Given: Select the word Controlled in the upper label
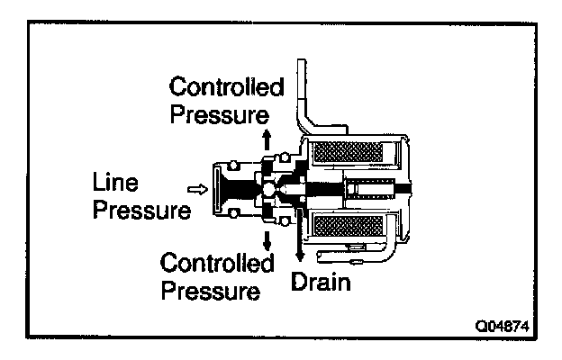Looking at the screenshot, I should pos(227,87).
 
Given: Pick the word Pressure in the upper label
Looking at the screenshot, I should pos(220,115).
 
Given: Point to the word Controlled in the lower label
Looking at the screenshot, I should pos(216,265).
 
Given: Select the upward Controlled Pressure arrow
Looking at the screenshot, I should pos(267,142).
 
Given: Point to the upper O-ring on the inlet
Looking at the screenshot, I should pos(235,164).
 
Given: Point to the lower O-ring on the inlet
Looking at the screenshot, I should pos(235,214).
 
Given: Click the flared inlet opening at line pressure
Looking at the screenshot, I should pos(216,189).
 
